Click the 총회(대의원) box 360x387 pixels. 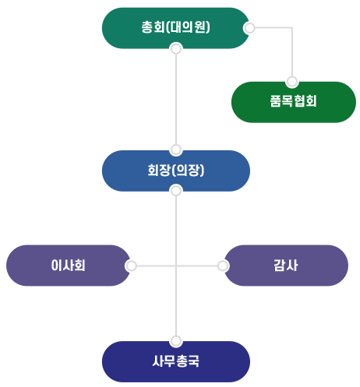pyautogui.click(x=176, y=28)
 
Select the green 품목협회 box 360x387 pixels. pyautogui.click(x=293, y=102)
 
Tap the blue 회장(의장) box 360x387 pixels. pyautogui.click(x=176, y=170)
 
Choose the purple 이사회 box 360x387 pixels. pyautogui.click(x=69, y=266)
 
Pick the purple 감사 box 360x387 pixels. pyautogui.click(x=285, y=266)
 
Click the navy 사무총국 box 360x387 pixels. pyautogui.click(x=176, y=361)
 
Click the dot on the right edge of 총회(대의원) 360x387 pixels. pyautogui.click(x=249, y=28)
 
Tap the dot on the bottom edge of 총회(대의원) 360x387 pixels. pyautogui.click(x=176, y=49)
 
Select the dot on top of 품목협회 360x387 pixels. pyautogui.click(x=292, y=81)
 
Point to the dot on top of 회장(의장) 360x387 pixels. pyautogui.click(x=176, y=149)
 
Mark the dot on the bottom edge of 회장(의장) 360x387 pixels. pyautogui.click(x=176, y=191)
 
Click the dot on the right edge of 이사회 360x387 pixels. pyautogui.click(x=132, y=266)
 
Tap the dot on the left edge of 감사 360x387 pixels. pyautogui.click(x=223, y=266)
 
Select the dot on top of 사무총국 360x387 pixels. pyautogui.click(x=176, y=340)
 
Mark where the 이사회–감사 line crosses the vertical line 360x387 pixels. pyautogui.click(x=176, y=266)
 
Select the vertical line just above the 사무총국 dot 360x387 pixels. pyautogui.click(x=176, y=323)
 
